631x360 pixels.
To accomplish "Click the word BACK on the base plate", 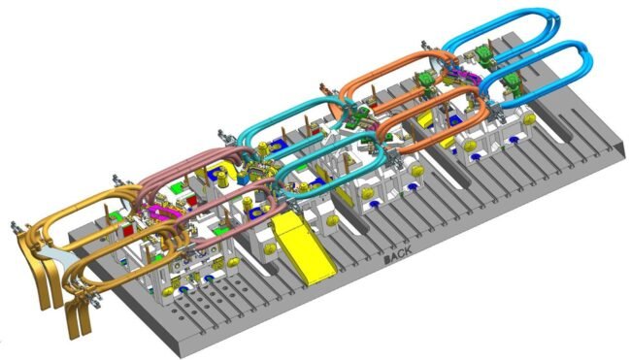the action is pos(398,254).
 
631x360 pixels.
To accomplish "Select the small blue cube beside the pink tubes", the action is pos(243,179).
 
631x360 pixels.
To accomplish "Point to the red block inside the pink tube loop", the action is pos(191,199).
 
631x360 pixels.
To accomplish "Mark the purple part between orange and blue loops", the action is pos(462,76).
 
